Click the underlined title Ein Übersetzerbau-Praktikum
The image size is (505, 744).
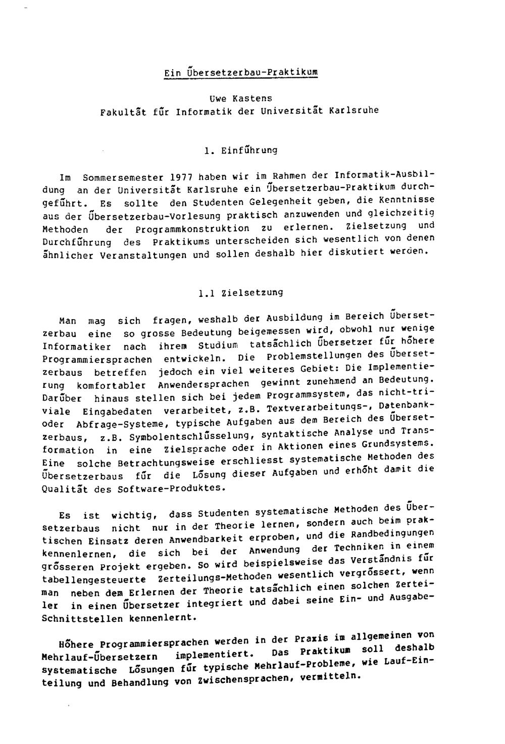[x=241, y=73]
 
